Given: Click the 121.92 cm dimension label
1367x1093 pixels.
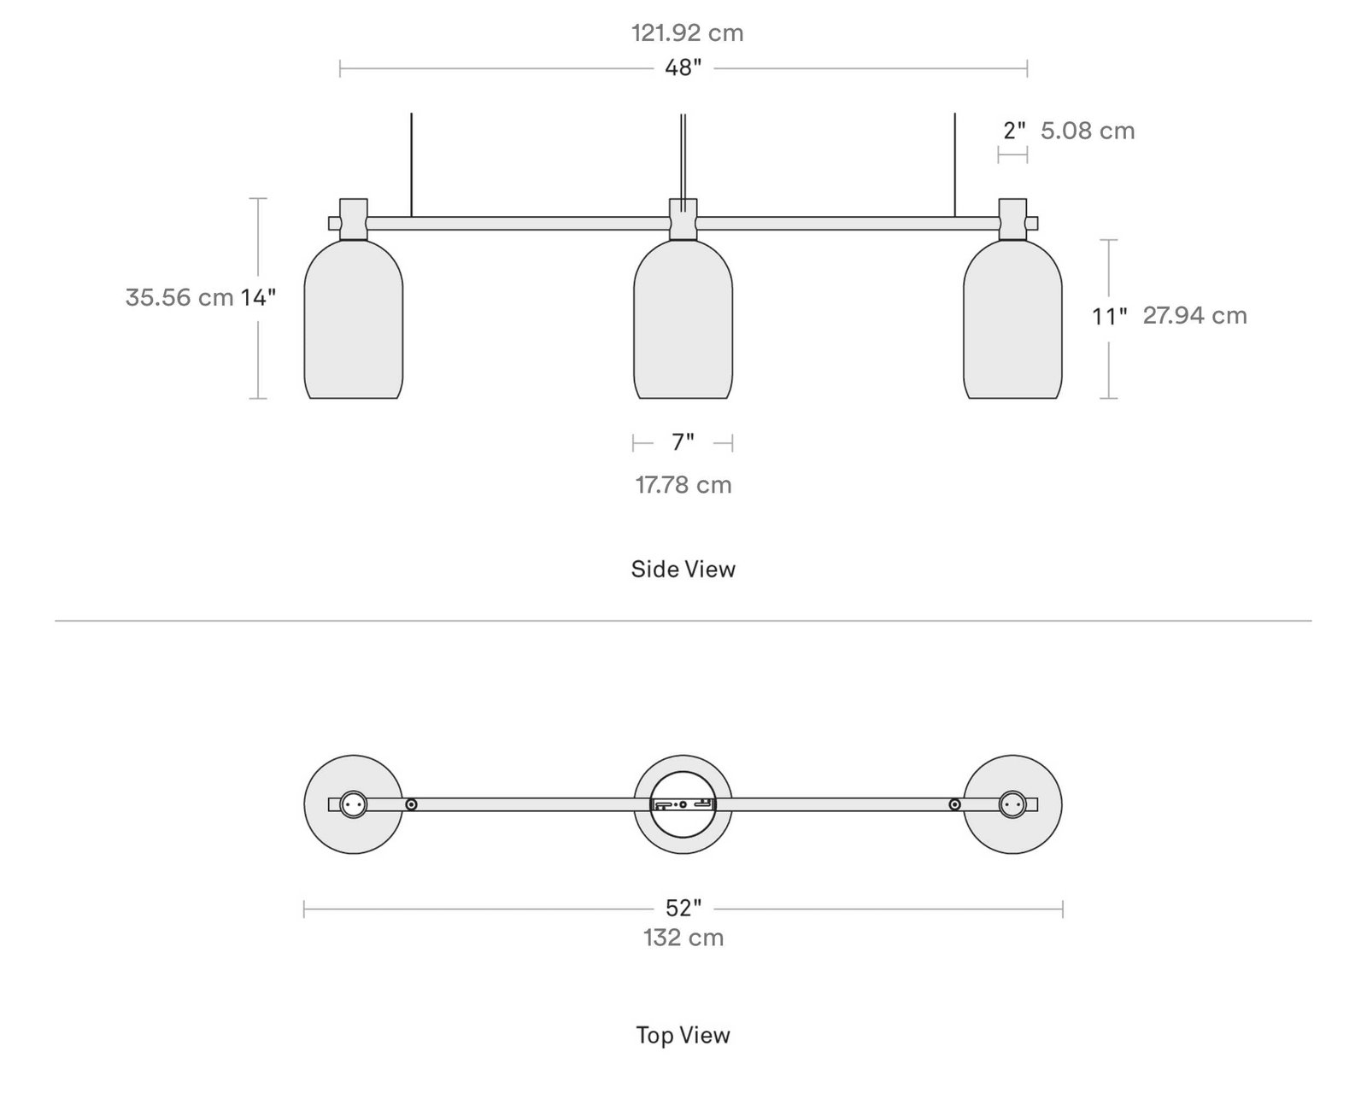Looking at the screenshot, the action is coord(687,33).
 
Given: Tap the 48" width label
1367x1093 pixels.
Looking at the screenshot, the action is coord(683,67).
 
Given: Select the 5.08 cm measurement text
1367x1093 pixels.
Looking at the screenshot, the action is coord(1088,131).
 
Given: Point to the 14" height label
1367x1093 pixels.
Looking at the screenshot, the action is coord(258,297).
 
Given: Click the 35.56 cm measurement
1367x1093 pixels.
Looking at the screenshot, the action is coord(179,297).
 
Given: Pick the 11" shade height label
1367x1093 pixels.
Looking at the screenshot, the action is coord(1109,316).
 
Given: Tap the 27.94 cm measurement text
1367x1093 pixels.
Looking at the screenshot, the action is coord(1195,316).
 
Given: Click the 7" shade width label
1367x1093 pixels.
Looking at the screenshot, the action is coord(683,442).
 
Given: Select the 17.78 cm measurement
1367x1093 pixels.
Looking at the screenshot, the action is coord(683,485).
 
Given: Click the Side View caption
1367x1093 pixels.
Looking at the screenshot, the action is coord(683,569).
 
